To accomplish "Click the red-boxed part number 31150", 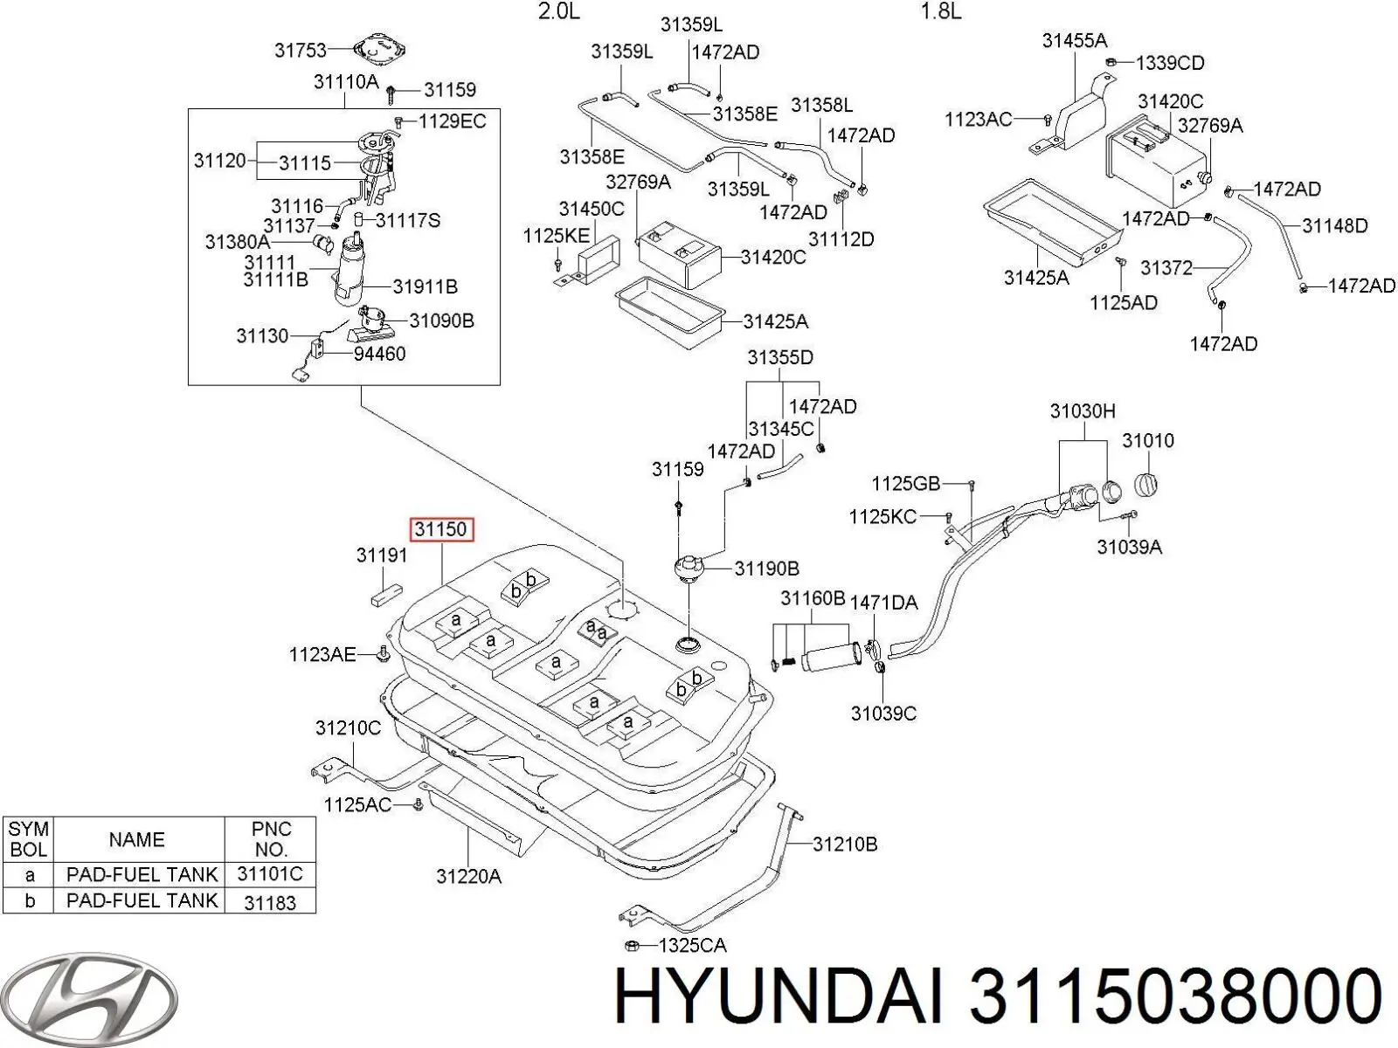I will (442, 529).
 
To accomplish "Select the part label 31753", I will (300, 51).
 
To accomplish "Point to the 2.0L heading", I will (558, 11).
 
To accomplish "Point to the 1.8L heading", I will (941, 11).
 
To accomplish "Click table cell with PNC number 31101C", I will (270, 874).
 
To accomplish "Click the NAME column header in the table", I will (136, 839).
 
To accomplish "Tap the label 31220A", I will (468, 876).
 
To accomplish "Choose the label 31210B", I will (845, 845).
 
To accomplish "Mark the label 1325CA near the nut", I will (692, 945).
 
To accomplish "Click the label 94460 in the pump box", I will (379, 354).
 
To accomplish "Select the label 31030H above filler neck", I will (1082, 410).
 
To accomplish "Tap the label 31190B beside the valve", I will (766, 569).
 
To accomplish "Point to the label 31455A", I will (1074, 40).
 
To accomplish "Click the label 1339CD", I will (1170, 63).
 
